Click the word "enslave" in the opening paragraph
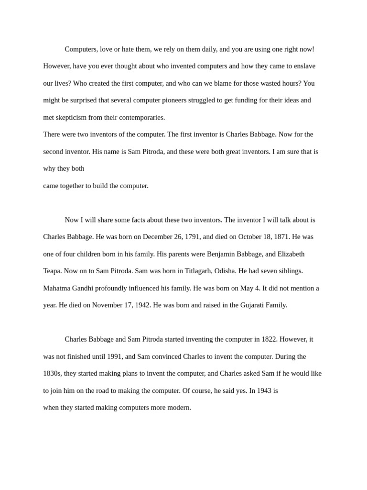(x=303, y=66)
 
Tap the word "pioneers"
(x=173, y=100)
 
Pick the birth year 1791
(x=192, y=237)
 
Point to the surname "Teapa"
(x=52, y=271)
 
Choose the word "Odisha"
(x=224, y=271)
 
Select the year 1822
(x=269, y=339)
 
